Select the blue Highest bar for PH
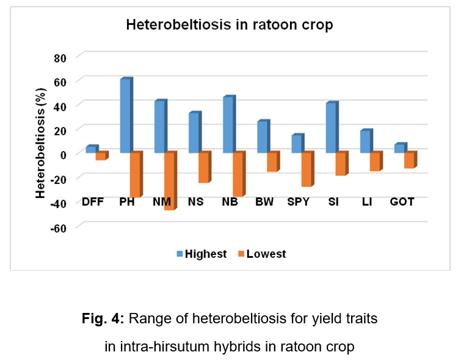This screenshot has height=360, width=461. (x=125, y=116)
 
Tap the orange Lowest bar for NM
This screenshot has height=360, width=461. (x=169, y=182)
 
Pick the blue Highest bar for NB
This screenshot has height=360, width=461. (x=228, y=125)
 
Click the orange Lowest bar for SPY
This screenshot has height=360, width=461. (x=307, y=169)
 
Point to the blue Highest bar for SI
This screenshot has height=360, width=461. (x=331, y=128)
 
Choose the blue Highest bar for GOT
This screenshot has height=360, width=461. (x=399, y=149)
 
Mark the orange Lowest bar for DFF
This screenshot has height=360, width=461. (x=101, y=156)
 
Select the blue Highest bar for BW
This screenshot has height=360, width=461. (x=262, y=137)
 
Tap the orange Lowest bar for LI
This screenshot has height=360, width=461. (x=375, y=162)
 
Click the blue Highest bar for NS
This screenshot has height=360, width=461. (x=194, y=133)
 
